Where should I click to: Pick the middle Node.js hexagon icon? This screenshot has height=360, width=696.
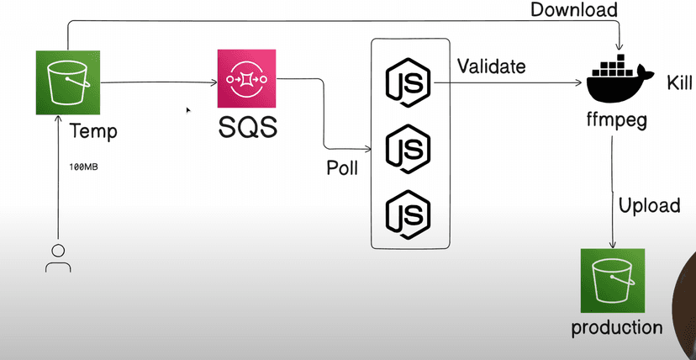point(408,148)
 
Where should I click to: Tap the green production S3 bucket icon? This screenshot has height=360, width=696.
point(612,281)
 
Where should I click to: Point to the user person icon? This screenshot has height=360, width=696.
point(57,258)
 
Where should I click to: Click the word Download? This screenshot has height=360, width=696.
point(574,11)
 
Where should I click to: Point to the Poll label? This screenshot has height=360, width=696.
point(342,167)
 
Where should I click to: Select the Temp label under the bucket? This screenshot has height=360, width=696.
point(93,131)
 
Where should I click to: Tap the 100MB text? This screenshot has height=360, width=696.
point(84,167)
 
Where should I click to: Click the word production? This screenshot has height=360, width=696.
point(616,327)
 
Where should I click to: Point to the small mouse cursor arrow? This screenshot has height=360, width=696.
point(188,109)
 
